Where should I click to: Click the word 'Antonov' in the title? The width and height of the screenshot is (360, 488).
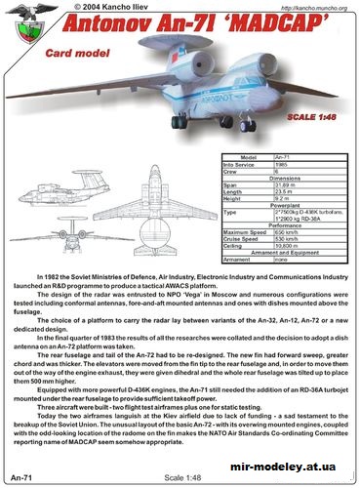[100, 26]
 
